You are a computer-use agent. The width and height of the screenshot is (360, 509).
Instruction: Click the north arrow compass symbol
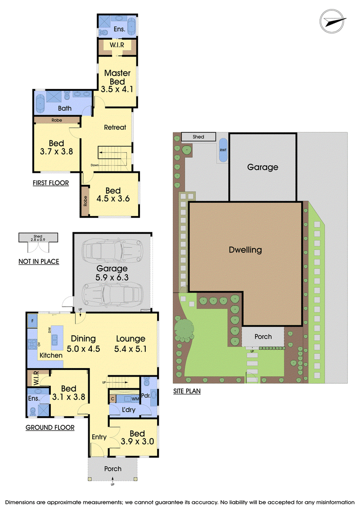tap(333, 22)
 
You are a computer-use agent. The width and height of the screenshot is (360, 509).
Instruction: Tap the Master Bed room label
tap(117, 77)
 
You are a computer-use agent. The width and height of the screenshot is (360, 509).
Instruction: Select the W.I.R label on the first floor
tap(117, 45)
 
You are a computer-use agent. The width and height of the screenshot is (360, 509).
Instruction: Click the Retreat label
tap(115, 127)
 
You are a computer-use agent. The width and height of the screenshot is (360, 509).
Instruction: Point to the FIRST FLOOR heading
tap(51, 183)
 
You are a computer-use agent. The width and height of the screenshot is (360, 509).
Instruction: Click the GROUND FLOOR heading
tap(50, 428)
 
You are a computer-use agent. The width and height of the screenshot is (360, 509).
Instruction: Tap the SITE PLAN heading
tap(187, 391)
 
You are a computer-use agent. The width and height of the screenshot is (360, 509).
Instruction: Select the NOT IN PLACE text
tap(39, 261)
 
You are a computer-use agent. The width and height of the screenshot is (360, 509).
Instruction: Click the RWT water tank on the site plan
tap(223, 150)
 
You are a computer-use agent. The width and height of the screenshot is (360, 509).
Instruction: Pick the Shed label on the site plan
tap(198, 137)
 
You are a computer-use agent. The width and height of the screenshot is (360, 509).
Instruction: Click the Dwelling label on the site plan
tap(245, 250)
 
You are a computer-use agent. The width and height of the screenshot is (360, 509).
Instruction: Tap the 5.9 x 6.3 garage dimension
tap(112, 278)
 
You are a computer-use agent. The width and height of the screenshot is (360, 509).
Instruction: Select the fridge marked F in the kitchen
tap(32, 321)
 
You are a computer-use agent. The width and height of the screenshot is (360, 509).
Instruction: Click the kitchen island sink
tap(54, 339)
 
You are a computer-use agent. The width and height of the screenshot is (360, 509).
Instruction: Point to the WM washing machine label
tap(135, 399)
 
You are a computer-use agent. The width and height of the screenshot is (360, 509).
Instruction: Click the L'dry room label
tap(129, 410)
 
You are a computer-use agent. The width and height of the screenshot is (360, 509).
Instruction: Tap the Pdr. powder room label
tap(146, 396)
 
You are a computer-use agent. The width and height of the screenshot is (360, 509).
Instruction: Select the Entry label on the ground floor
tap(99, 437)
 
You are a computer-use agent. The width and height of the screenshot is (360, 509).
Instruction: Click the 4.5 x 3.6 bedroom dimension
tap(113, 198)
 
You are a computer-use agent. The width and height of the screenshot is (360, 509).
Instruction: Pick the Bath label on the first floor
tap(65, 108)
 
